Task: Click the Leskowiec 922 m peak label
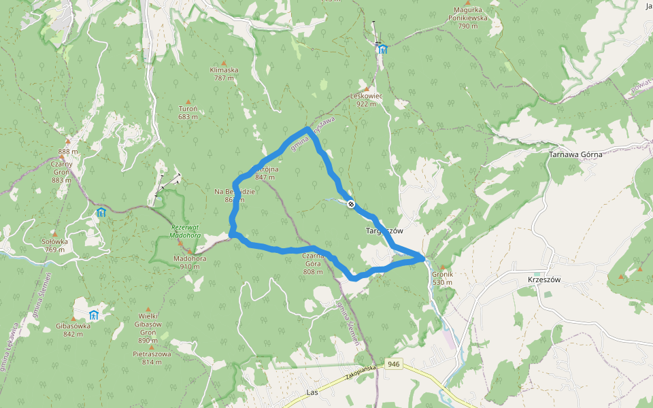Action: tap(366, 99)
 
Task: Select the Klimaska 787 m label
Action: tap(224, 73)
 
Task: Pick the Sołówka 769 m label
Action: tap(54, 245)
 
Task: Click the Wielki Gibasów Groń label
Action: tap(148, 333)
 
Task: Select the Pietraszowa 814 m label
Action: tap(152, 358)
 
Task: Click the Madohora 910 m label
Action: tap(190, 262)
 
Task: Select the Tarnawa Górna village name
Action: tap(575, 154)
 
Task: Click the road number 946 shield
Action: tap(392, 364)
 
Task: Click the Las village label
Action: tap(312, 392)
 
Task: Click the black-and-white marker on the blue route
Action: tap(351, 203)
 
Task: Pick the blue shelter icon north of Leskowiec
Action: tap(382, 48)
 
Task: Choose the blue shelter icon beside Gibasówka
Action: tap(94, 314)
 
